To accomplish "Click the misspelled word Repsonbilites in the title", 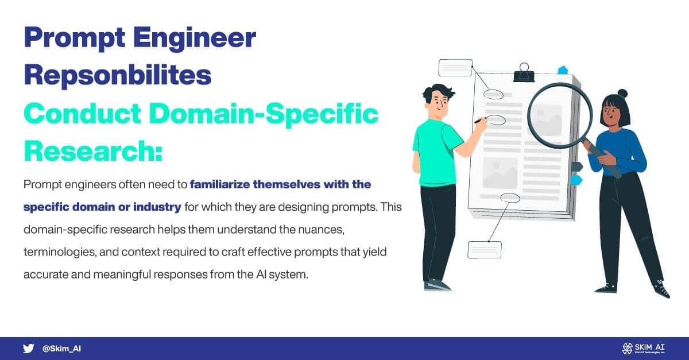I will (118, 75).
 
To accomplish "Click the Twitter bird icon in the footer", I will (28, 348).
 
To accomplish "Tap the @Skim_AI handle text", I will (61, 349).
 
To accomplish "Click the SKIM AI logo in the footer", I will (643, 348).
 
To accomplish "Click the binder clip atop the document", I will (523, 72).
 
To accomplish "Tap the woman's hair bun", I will (622, 93).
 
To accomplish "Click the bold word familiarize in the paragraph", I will (224, 185).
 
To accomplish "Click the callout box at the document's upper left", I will (455, 68).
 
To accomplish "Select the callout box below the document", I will (485, 250).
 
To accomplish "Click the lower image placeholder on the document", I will (500, 173).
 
